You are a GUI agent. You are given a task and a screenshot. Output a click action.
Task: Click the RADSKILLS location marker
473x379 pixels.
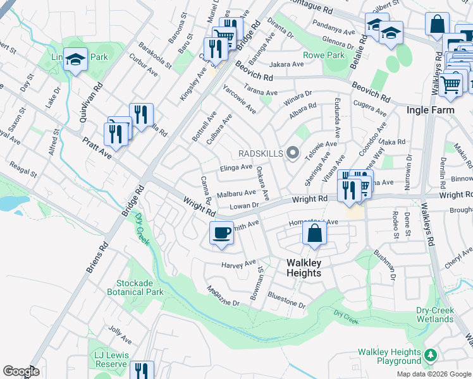292,153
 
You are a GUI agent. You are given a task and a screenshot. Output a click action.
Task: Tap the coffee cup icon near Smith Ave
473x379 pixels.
221,232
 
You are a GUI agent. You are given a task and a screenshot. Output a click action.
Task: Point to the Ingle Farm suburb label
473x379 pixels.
429,110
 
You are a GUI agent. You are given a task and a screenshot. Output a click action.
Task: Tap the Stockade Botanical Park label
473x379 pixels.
140,287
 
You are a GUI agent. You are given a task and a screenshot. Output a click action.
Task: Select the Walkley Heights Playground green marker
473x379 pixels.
431,355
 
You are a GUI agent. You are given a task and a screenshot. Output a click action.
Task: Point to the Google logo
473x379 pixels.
21,371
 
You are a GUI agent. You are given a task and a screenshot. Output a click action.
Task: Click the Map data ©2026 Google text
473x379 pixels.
433,374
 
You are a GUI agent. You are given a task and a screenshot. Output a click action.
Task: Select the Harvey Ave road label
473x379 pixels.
239,263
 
